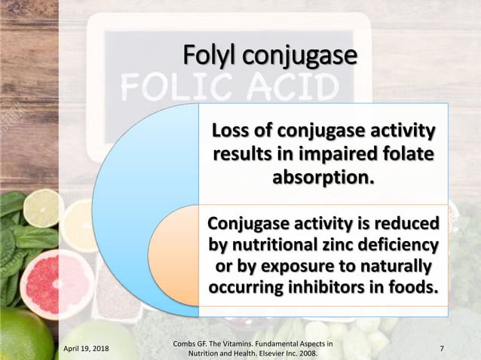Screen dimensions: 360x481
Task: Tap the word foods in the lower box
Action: tap(415, 288)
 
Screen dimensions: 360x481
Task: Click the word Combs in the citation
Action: tap(188, 343)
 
